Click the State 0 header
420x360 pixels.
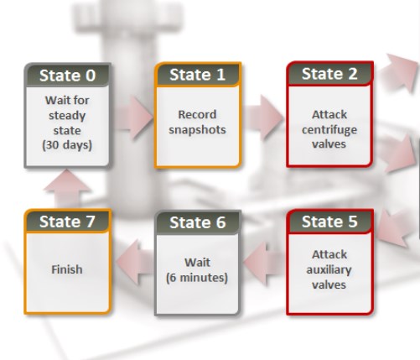coord(68,76)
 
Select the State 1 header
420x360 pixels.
coord(198,75)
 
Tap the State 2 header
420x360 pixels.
coord(329,74)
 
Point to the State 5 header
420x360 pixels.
coord(329,222)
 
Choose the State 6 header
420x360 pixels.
coord(198,222)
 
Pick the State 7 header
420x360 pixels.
coord(67,222)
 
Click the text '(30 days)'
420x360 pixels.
coord(67,145)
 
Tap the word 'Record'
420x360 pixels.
coord(197,114)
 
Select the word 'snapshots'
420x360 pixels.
coord(197,130)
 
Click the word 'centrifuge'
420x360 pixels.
coord(329,130)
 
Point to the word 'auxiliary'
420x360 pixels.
coord(329,270)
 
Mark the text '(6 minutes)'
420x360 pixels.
coord(197,278)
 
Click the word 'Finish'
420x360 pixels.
coord(67,269)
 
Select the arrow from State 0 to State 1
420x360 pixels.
coord(134,117)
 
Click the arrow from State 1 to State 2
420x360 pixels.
coord(264,117)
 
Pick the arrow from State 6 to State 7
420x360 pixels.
coord(135,262)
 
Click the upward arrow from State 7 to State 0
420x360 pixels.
coord(67,189)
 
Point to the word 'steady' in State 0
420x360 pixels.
coord(67,116)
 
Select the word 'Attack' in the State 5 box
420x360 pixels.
coord(329,254)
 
